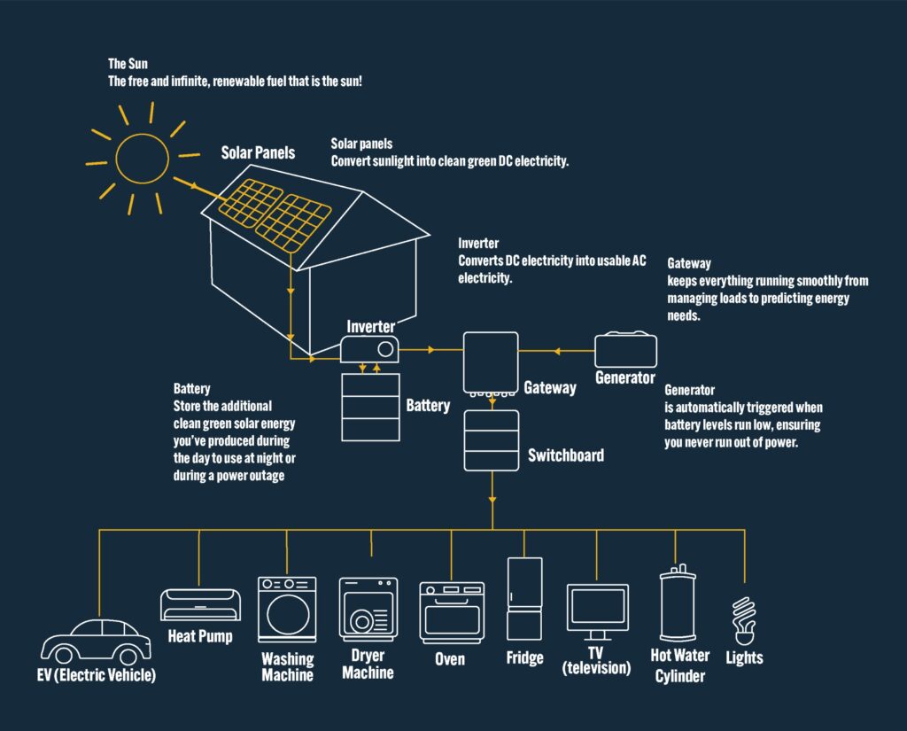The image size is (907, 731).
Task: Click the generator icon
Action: (625, 351)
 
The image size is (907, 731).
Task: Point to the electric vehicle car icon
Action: (97, 642)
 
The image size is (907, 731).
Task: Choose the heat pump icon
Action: (199, 604)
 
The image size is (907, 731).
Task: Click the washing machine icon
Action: (286, 610)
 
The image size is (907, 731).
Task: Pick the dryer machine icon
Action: (368, 610)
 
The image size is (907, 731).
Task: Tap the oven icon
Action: (452, 612)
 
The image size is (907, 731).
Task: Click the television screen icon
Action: (597, 608)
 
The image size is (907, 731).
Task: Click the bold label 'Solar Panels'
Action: (258, 153)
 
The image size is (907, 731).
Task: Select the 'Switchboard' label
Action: (566, 455)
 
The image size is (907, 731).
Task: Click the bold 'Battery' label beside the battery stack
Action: (428, 406)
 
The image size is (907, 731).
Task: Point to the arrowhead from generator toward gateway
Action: (557, 351)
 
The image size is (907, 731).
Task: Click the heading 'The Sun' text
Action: (128, 64)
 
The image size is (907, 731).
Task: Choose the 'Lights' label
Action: (743, 657)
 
